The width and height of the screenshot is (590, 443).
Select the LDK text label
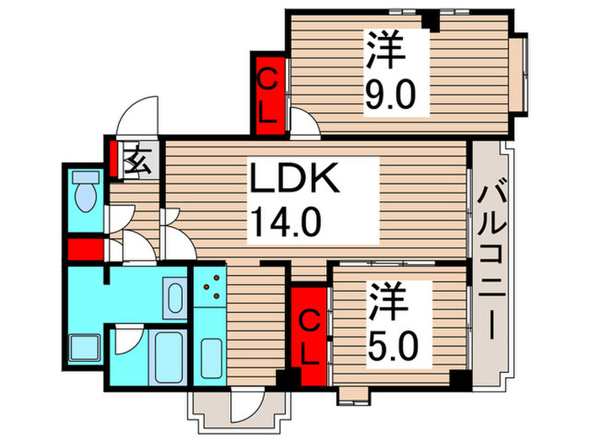point(294,180)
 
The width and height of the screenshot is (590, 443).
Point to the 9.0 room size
point(390,96)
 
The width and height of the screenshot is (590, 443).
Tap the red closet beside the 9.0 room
point(269,94)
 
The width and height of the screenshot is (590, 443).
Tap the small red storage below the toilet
point(85,251)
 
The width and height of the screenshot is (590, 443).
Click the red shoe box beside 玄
point(113,159)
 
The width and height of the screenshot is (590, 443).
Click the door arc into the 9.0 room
point(305,125)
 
